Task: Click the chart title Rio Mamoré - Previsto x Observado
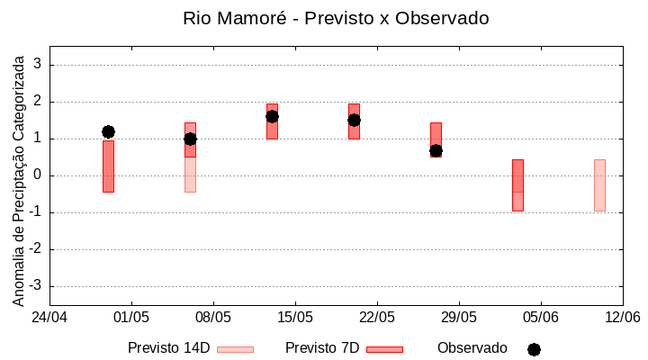coord(336,19)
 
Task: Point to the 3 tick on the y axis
coord(38,65)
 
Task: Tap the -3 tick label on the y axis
coord(35,286)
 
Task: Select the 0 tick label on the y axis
coord(38,175)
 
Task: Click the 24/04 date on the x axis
coord(49,318)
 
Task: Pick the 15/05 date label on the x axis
coord(295,318)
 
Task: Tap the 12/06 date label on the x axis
coord(622,318)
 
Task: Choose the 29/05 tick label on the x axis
coord(459,318)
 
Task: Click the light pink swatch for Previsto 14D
coord(235,349)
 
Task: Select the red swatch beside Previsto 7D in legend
coord(384,349)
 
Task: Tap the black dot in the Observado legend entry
coord(534,349)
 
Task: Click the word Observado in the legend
coord(472,348)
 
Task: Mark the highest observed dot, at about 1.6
coord(272,116)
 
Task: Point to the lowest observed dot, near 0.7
coord(436,150)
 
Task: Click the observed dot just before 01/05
coord(108,131)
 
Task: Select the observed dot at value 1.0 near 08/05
coord(190,139)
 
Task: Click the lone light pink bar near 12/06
coord(599,184)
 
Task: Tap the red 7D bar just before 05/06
coord(517,184)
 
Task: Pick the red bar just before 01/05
coord(108,166)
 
